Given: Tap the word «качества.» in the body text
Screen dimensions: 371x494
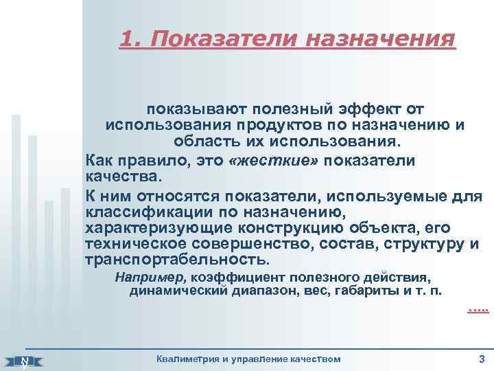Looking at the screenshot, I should coord(123,177).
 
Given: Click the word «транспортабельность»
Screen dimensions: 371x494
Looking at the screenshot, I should coord(174,261).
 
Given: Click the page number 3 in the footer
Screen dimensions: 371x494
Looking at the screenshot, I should coord(481,358).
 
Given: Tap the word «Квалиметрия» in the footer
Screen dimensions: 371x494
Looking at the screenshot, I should coord(188,359).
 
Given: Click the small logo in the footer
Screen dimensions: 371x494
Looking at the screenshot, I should coord(25,360).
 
